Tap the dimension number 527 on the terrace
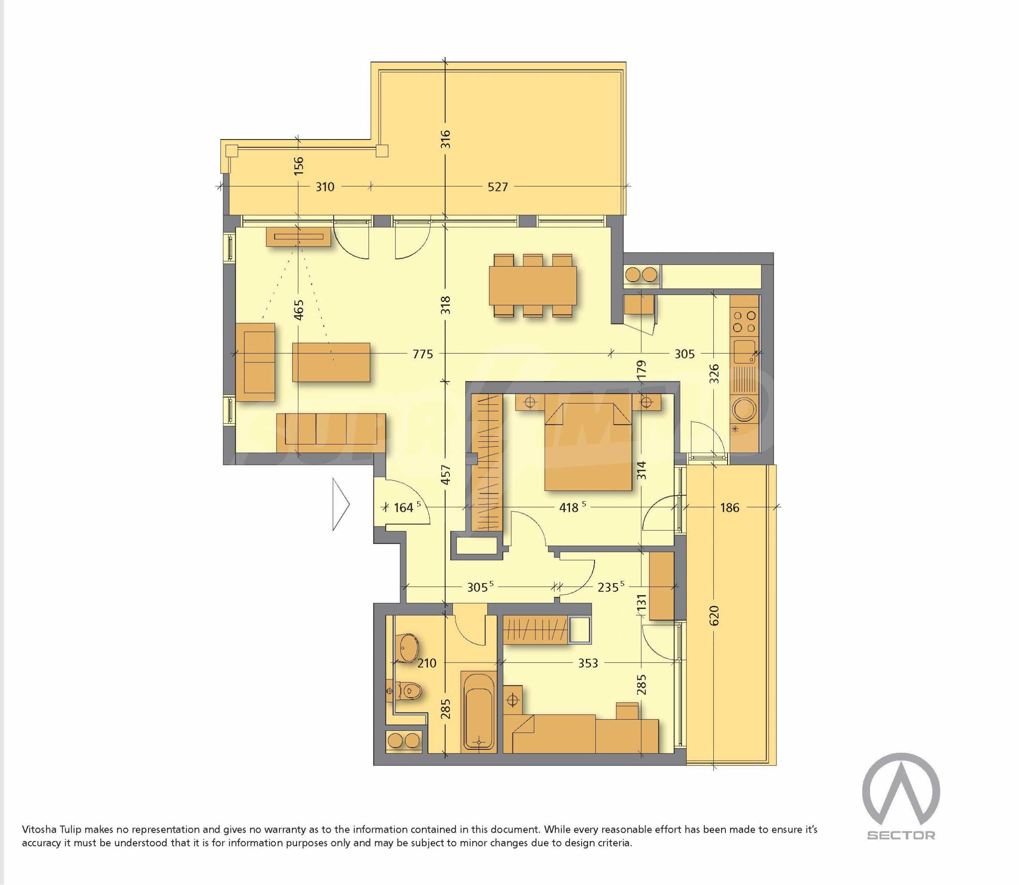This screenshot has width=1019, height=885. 497,187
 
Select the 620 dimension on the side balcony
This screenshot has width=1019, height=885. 714,615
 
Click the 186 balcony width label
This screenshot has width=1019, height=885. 730,507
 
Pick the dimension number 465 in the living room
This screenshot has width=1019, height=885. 298,310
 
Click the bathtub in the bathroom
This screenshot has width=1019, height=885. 479,711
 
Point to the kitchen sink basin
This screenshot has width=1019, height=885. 744,352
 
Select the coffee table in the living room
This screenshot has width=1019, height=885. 331,362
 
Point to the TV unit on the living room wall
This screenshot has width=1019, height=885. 298,237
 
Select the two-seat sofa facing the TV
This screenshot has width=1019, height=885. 255,362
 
